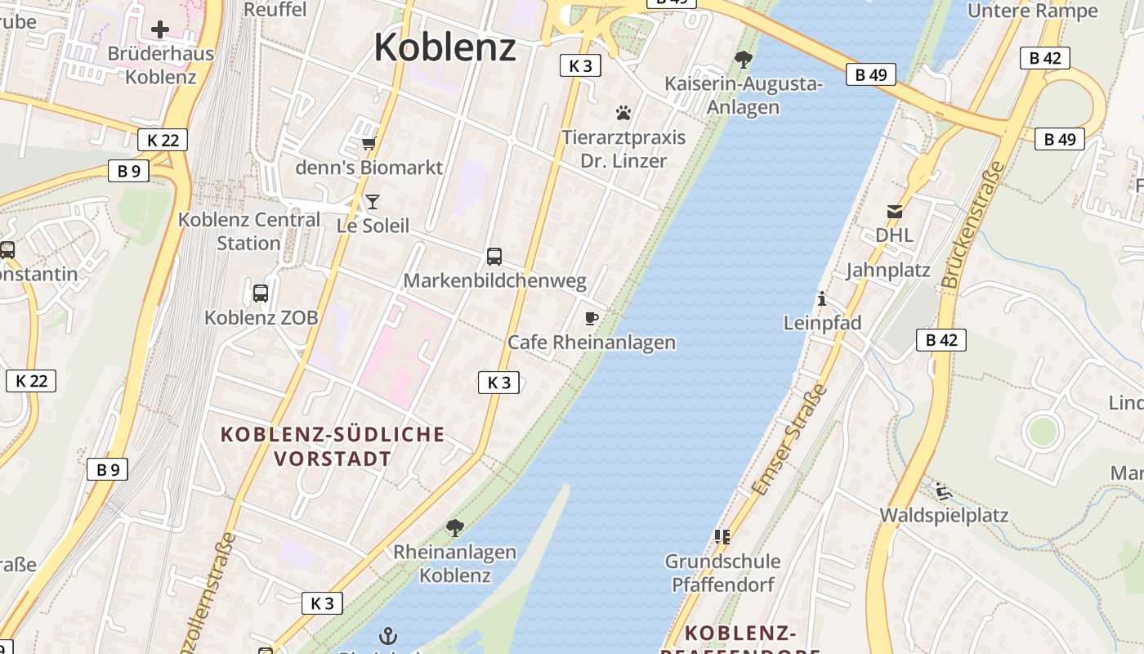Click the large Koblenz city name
tap(445, 47)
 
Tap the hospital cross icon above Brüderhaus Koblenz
tap(160, 29)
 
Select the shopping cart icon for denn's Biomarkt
tap(369, 144)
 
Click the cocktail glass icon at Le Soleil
tap(373, 201)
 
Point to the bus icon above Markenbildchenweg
tap(494, 257)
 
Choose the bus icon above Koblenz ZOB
tap(261, 293)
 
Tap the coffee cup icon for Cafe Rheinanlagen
tap(592, 318)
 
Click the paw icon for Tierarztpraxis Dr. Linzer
tap(623, 113)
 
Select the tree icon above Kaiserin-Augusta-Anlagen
tap(743, 59)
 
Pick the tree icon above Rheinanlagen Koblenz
tap(455, 528)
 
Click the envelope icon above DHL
tap(895, 212)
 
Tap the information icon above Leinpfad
tap(822, 299)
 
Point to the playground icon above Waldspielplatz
tap(944, 491)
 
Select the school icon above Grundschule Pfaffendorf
tap(722, 537)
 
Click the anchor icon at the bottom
tap(389, 635)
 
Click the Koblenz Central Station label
tap(249, 231)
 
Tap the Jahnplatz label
tap(888, 270)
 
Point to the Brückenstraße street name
tap(973, 224)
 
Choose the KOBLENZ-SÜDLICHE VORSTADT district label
tap(333, 446)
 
